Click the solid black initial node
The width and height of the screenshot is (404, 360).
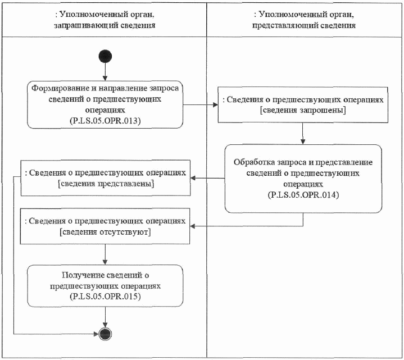[105, 57]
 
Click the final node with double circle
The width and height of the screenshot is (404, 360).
[105, 333]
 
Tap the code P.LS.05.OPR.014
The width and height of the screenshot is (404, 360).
[303, 194]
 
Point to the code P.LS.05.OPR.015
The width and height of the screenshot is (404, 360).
[105, 295]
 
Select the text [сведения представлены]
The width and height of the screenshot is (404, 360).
[106, 184]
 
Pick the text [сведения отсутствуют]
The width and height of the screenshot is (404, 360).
[105, 231]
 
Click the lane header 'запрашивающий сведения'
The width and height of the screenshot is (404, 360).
[105, 25]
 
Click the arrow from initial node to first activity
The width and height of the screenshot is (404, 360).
[105, 72]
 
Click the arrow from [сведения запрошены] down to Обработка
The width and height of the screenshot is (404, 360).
[303, 134]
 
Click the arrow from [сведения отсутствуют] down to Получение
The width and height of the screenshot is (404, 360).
[105, 254]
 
